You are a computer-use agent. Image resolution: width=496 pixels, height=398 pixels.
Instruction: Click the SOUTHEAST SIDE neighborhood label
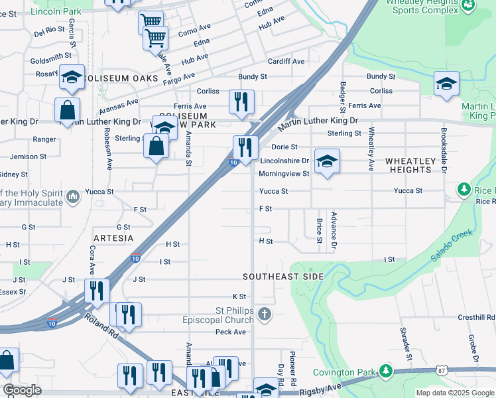pos(283,277)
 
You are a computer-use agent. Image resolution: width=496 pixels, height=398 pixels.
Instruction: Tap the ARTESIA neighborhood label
pos(113,237)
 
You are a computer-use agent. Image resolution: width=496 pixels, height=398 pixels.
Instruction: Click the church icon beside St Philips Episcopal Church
pos(265,313)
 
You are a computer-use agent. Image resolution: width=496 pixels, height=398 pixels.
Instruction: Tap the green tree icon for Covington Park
pos(385,371)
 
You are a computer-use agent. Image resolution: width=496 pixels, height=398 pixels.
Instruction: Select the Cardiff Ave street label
pos(286,62)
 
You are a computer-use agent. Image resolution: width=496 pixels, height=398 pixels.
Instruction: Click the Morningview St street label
pos(284,174)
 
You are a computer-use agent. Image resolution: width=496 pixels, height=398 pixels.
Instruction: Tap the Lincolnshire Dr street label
pos(284,161)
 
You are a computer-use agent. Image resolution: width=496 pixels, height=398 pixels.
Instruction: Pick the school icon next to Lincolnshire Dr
pos(326,162)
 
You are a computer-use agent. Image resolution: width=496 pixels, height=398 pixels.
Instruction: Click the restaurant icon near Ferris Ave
pos(240,101)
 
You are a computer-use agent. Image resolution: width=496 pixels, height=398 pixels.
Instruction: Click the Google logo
pos(23,390)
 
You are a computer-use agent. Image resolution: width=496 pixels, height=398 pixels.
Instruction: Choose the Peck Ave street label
pos(230,332)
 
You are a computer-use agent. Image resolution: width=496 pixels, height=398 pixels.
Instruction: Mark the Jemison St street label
pos(29,157)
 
